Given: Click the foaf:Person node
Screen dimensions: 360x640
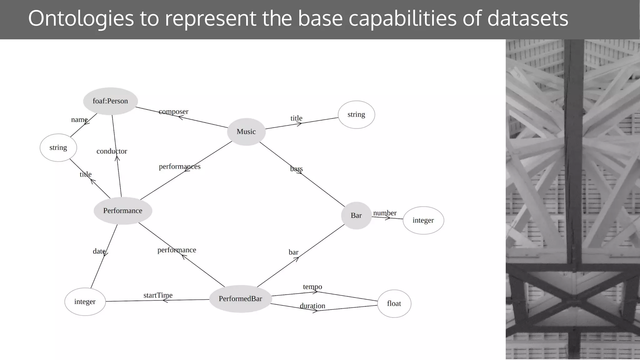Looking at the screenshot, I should point(110,101).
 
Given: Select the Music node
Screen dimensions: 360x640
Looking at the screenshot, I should point(246,132).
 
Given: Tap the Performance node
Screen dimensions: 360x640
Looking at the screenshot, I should point(123,211).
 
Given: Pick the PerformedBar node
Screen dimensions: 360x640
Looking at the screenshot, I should point(240,299).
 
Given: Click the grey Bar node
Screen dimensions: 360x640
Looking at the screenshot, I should point(356,216).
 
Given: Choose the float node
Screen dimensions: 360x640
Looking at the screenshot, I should point(394,304).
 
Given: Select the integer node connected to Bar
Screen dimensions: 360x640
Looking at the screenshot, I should point(423,220).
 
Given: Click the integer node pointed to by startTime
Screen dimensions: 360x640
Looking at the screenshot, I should point(85,302).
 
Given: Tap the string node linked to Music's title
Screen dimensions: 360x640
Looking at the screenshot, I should point(356,115).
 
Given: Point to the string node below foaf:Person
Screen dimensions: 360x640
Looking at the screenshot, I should point(58,148).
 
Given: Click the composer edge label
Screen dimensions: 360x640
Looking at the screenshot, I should point(173,112).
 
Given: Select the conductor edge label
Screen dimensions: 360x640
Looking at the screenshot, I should point(112,151).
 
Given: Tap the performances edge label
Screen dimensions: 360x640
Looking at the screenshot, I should point(180,167).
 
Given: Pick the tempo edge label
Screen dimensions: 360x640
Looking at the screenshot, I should point(312,287).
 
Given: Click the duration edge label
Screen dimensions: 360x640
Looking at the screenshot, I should point(312,306).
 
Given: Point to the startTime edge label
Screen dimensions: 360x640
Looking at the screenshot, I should point(158,295).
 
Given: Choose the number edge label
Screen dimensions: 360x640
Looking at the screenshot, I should point(385,213).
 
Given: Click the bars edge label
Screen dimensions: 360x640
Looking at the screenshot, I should point(296,169).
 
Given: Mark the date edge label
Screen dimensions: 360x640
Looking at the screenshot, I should point(99,251).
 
